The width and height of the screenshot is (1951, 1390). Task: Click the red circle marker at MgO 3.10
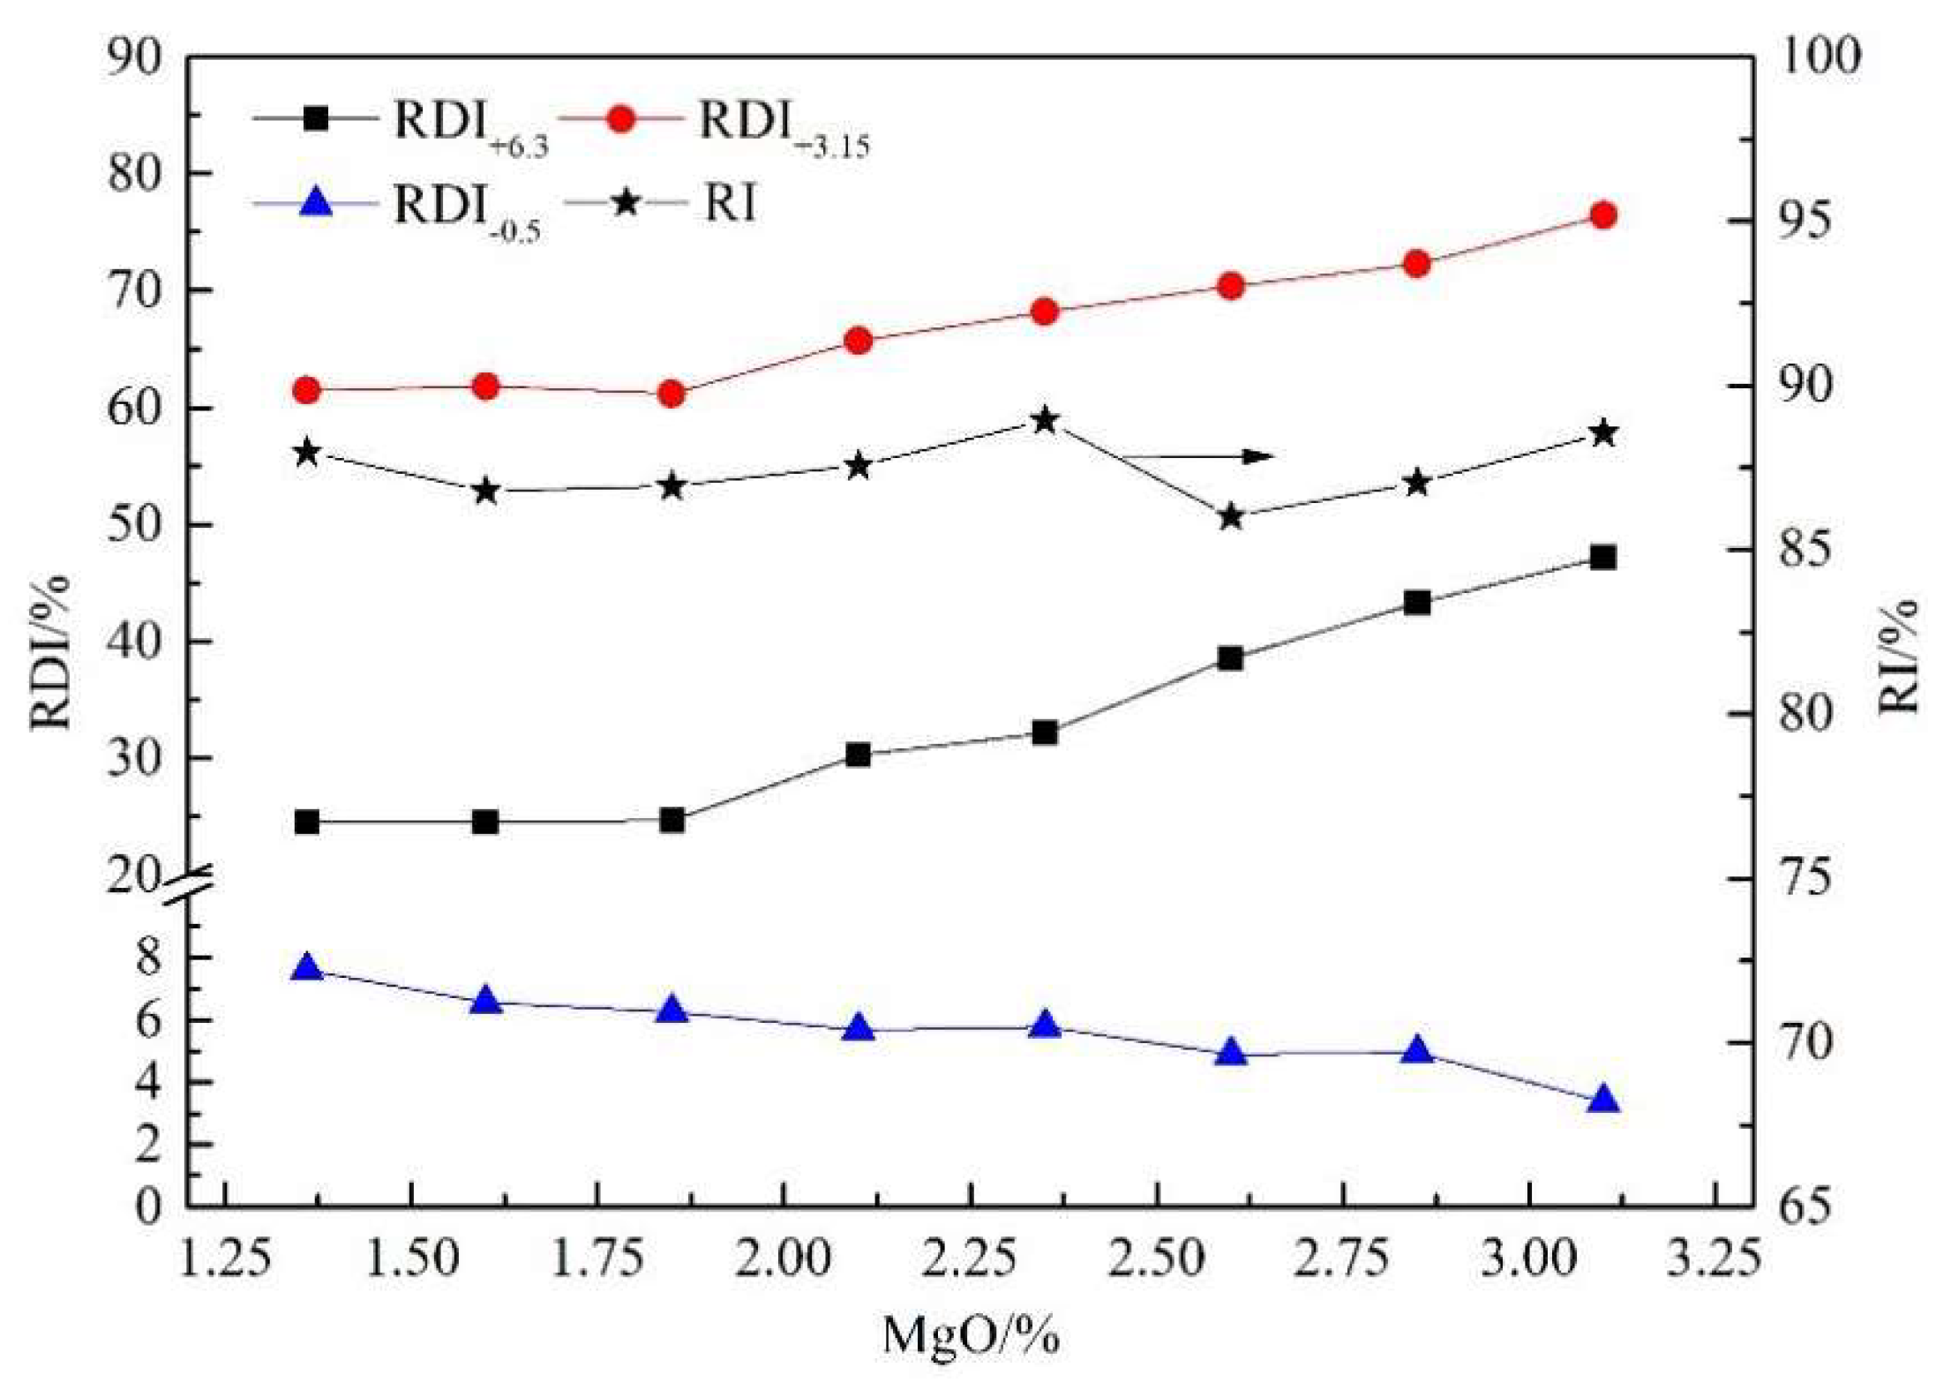point(1602,215)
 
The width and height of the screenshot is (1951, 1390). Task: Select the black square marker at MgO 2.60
point(1230,658)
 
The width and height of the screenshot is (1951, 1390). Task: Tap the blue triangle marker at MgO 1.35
point(307,968)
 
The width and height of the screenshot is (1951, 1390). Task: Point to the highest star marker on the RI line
point(1045,421)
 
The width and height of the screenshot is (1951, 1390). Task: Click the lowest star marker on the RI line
point(1231,518)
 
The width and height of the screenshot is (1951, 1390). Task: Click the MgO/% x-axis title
point(971,1334)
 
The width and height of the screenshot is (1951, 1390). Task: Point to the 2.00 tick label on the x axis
point(784,1258)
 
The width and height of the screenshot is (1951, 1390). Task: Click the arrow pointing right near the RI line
point(1200,456)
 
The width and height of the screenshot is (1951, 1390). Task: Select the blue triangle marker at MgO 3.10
point(1602,1101)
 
